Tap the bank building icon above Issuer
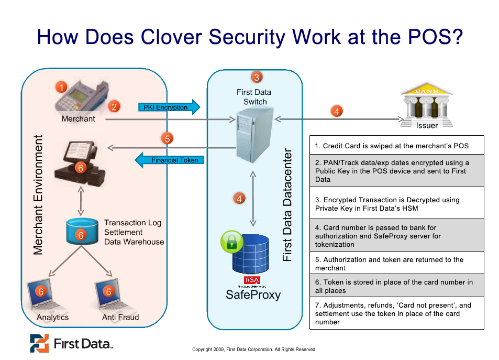[426, 101]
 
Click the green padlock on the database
[231, 243]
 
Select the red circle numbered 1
[62, 87]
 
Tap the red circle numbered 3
[257, 77]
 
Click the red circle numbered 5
[167, 139]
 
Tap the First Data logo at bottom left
[71, 343]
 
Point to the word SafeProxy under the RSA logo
[253, 294]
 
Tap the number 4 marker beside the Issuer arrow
[337, 111]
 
